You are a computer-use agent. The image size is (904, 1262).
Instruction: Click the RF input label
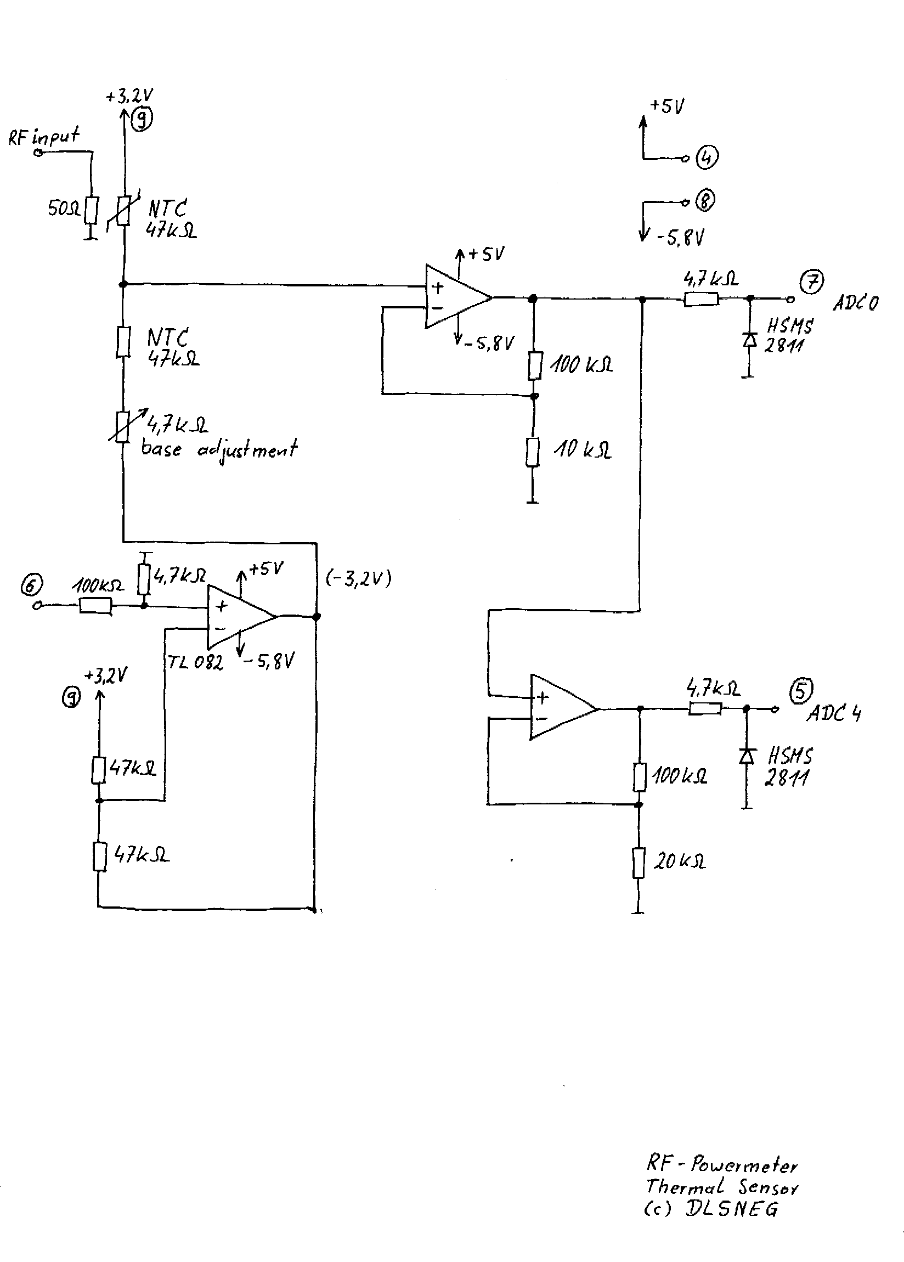click(44, 136)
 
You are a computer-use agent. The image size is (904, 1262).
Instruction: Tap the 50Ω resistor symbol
click(92, 210)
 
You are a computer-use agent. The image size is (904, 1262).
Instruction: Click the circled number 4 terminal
click(708, 157)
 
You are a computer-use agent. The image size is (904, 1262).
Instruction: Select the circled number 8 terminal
click(705, 200)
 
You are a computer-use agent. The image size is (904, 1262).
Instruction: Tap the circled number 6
click(31, 584)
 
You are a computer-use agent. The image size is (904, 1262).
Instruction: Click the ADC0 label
click(856, 302)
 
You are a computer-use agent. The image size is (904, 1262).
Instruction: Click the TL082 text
click(195, 662)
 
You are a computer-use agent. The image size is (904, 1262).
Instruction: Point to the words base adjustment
click(219, 448)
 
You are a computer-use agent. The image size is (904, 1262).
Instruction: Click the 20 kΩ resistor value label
click(679, 861)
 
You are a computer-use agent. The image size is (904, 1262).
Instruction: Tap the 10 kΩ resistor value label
click(582, 449)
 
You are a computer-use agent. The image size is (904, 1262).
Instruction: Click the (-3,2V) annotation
click(359, 580)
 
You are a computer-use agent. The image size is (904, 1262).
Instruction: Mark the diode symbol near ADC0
click(750, 339)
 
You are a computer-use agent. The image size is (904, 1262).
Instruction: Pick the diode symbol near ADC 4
click(746, 755)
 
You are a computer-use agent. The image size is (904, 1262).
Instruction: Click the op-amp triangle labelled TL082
click(241, 617)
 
